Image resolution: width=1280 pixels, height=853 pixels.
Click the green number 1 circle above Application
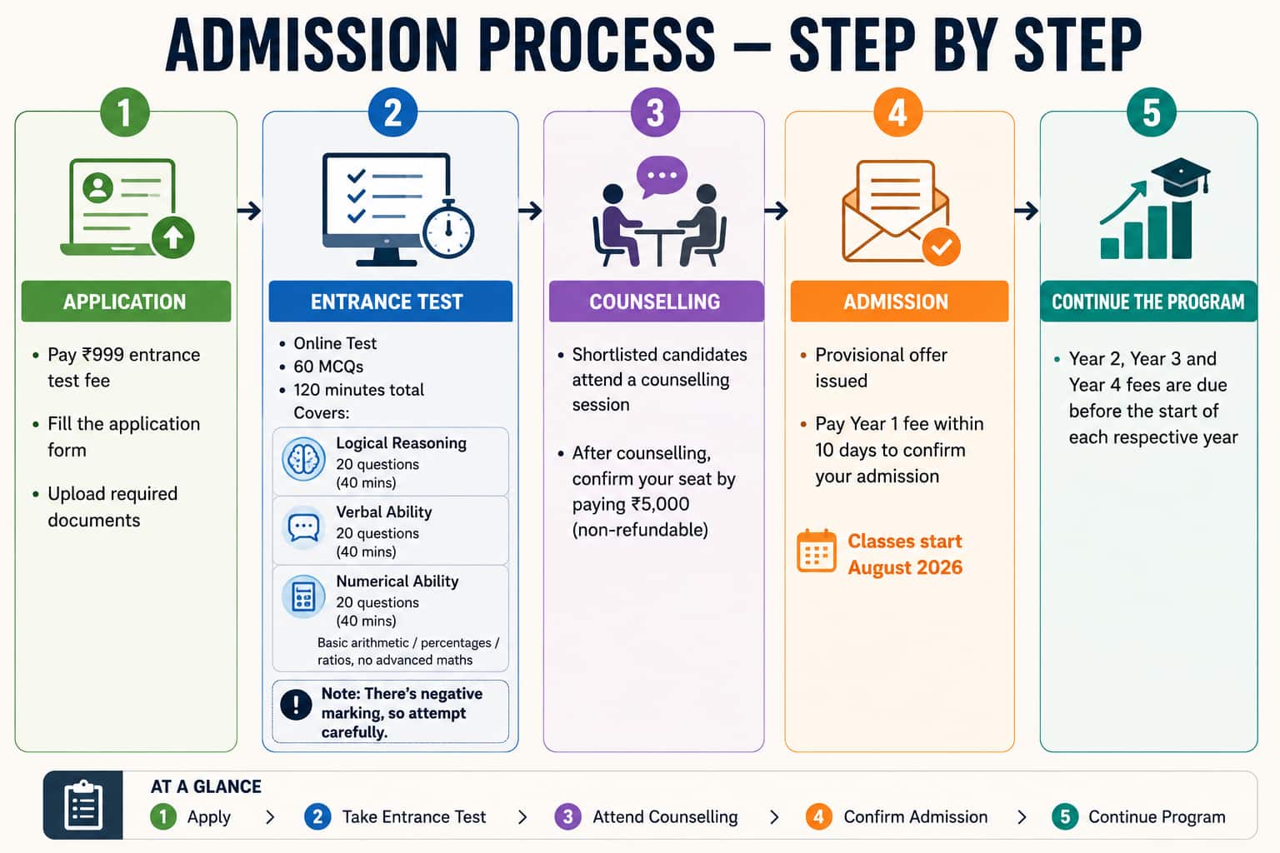[x=124, y=112]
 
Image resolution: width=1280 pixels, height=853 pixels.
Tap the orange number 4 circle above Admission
[x=897, y=112]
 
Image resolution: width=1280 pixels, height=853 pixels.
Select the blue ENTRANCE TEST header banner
[x=390, y=301]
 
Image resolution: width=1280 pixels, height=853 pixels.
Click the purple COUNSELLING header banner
[x=656, y=301]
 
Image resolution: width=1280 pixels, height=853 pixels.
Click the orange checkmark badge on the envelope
[x=941, y=247]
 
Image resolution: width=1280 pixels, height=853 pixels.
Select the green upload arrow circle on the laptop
[x=173, y=237]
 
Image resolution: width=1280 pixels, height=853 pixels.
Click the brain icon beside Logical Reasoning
[x=303, y=459]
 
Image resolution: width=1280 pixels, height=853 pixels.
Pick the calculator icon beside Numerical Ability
[x=303, y=597]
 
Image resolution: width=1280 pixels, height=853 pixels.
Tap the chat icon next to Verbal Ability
[x=303, y=527]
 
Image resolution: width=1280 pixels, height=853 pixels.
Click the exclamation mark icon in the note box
[x=296, y=705]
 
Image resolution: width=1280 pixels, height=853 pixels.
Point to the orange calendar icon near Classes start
[x=817, y=551]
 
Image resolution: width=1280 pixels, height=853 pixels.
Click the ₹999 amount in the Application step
[x=102, y=355]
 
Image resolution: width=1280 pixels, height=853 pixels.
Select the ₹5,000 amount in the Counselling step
[x=660, y=504]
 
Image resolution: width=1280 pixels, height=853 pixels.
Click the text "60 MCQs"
[x=328, y=367]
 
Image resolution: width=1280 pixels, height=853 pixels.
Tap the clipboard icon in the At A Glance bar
[x=83, y=805]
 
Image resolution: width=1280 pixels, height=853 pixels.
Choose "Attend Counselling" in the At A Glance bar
[x=665, y=816]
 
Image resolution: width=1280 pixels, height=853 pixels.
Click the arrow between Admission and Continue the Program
[x=1027, y=211]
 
